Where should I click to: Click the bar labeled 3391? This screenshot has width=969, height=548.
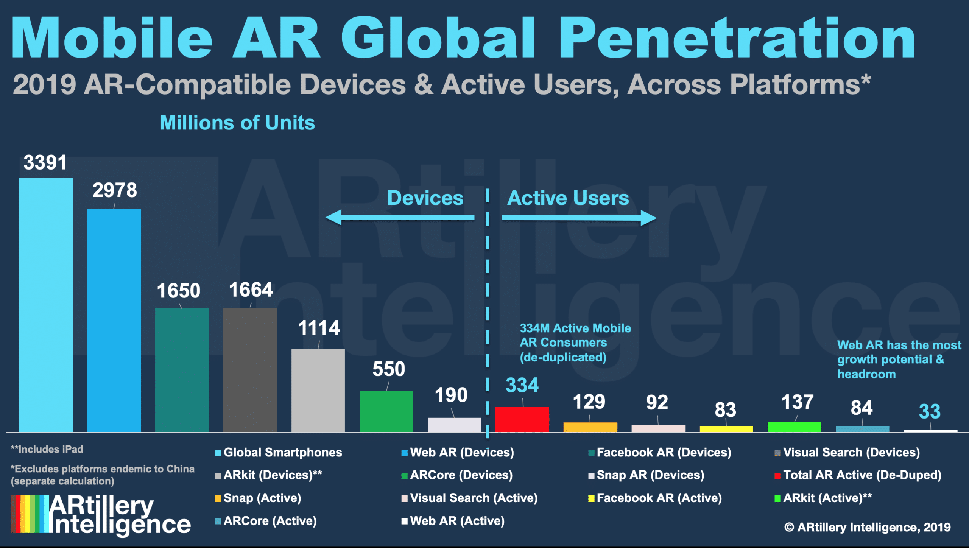[x=46, y=305]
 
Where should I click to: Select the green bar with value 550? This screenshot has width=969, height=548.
[x=386, y=411]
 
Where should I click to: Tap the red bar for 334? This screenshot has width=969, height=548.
[x=522, y=419]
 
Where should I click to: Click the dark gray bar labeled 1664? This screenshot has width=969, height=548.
[x=250, y=369]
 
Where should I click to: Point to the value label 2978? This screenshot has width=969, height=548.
[x=115, y=190]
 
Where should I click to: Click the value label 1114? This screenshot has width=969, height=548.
[x=319, y=328]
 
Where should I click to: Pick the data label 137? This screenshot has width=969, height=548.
[x=798, y=402]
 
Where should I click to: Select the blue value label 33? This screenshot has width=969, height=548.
[x=930, y=411]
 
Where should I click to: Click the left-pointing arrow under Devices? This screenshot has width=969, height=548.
[x=400, y=217]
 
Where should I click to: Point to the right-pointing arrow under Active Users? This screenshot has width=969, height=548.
[x=579, y=218]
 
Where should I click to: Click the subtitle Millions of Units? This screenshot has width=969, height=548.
[x=237, y=123]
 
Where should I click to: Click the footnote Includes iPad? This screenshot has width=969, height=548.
[x=47, y=449]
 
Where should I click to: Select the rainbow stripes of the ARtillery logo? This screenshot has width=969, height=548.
[x=30, y=514]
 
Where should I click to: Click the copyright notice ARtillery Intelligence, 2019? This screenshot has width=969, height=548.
[x=867, y=527]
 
